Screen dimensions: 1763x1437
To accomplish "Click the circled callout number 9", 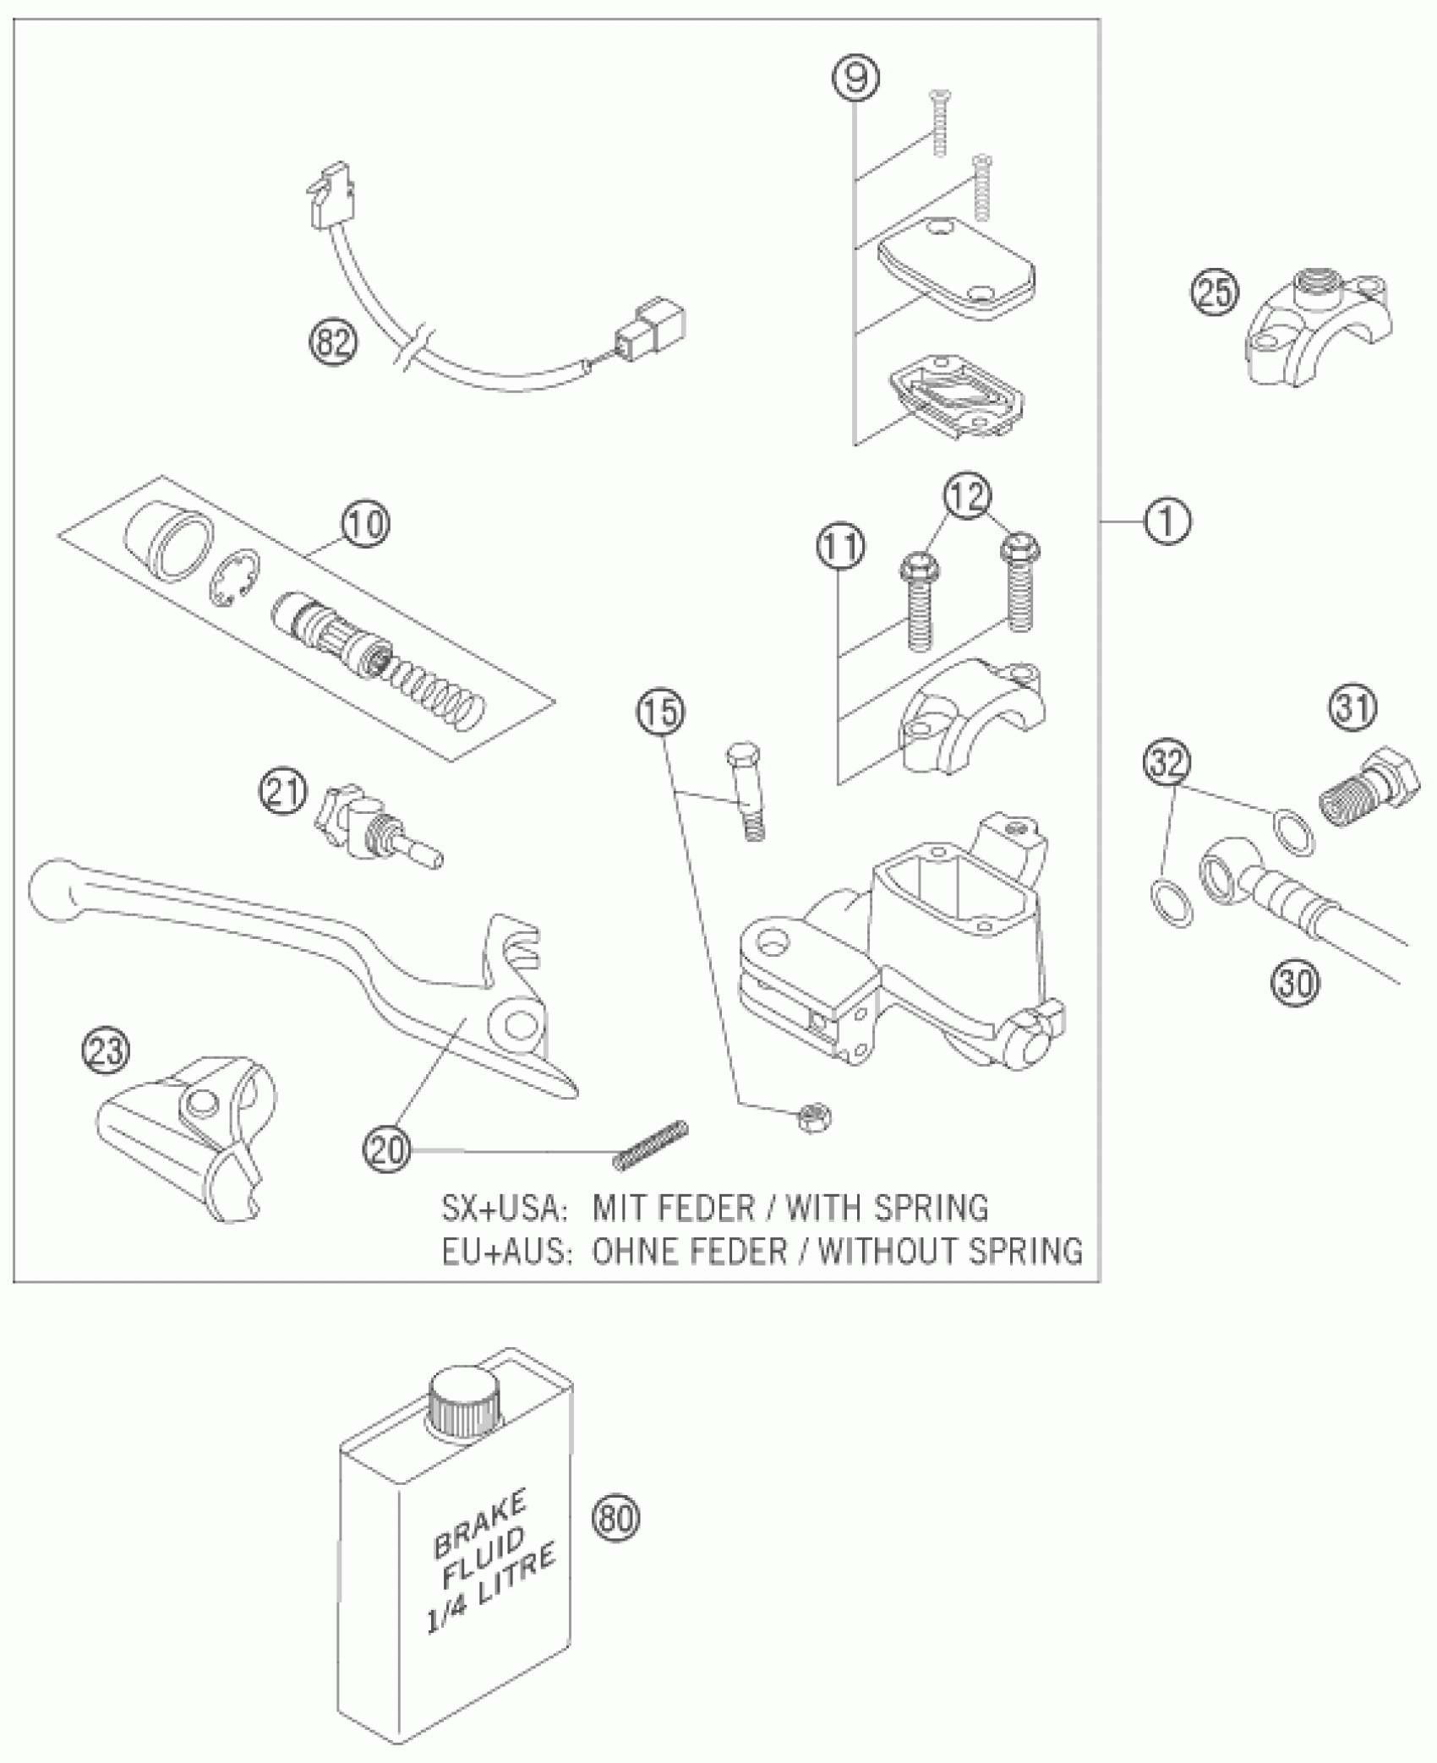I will [x=855, y=78].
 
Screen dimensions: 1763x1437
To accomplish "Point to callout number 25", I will [x=1214, y=293].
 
